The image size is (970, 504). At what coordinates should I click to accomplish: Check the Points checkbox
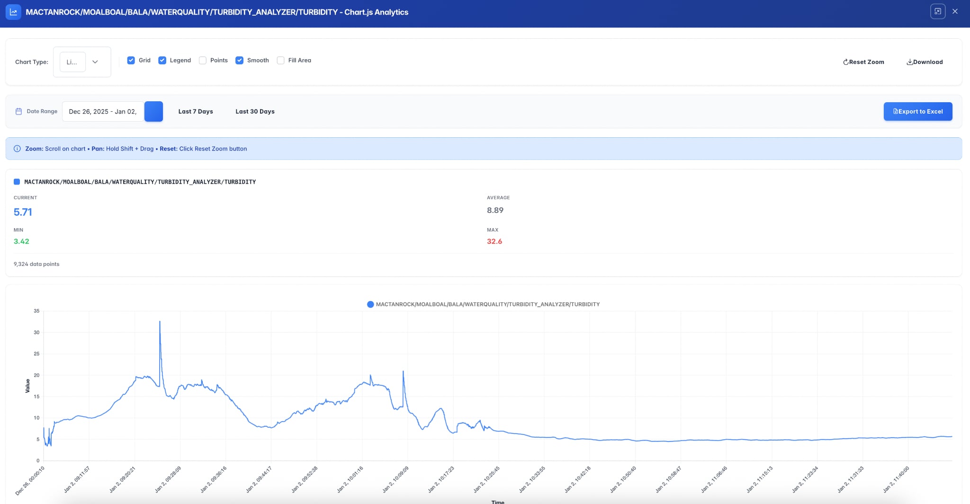click(x=203, y=61)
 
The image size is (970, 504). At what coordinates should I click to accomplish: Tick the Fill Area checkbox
click(x=281, y=61)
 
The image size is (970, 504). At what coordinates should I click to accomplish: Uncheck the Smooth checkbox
click(x=240, y=61)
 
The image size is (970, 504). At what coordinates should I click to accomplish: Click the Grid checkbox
click(x=131, y=61)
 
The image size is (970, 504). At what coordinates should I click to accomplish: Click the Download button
click(x=925, y=62)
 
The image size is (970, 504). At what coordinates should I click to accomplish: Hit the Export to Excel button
click(x=917, y=112)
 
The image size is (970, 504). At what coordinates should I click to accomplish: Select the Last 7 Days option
click(x=196, y=112)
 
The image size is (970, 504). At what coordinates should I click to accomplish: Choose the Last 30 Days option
click(x=255, y=112)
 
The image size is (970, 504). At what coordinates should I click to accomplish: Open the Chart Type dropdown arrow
click(x=95, y=62)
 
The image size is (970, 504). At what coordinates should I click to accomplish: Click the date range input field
click(x=103, y=112)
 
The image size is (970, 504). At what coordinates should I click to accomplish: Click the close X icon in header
click(x=955, y=11)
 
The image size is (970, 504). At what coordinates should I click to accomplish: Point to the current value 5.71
click(x=23, y=212)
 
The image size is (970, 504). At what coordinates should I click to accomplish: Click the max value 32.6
click(x=494, y=241)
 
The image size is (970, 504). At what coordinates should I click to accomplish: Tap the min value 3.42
click(x=21, y=241)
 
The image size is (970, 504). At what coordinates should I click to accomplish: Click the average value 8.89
click(x=495, y=210)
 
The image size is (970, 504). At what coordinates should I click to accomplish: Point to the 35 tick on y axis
click(x=36, y=311)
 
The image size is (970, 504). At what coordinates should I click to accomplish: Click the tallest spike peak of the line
click(x=160, y=322)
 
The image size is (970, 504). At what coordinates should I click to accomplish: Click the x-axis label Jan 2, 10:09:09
click(x=396, y=479)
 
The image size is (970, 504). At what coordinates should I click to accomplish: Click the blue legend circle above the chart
click(x=370, y=304)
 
